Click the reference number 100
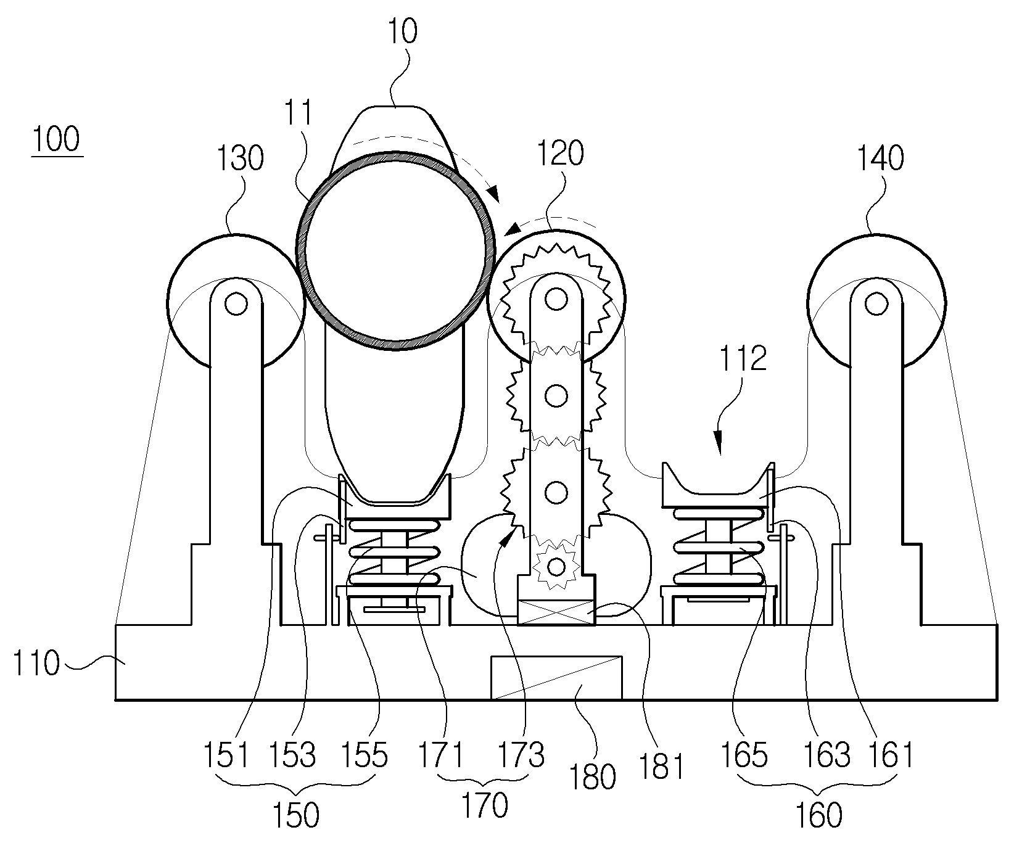point(57,139)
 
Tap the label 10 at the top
point(402,31)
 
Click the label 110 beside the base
point(36,665)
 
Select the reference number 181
point(661,765)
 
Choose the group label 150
point(295,814)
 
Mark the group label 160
point(817,814)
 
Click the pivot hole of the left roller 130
point(236,302)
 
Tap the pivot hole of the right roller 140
point(875,302)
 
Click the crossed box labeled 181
point(557,611)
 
